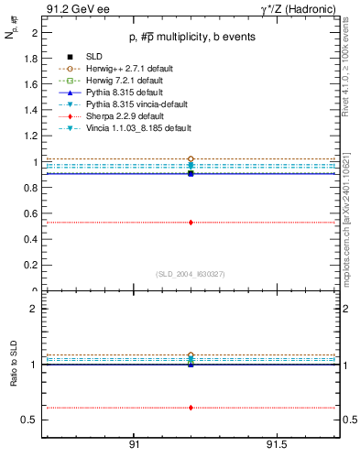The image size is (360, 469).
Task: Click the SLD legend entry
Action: click(x=94, y=57)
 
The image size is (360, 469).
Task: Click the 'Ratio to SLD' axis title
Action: click(x=13, y=380)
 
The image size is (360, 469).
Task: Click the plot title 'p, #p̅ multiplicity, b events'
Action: click(x=191, y=38)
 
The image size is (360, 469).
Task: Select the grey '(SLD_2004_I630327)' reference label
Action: click(x=191, y=274)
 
